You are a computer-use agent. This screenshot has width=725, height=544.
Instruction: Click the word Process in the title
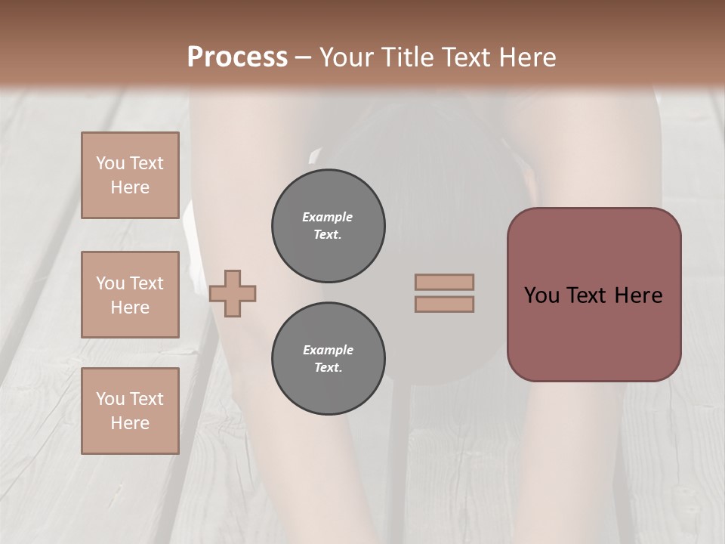coord(237,57)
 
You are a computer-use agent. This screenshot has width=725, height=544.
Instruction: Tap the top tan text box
coord(130,175)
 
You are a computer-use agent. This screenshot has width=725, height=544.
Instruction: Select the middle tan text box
coord(130,295)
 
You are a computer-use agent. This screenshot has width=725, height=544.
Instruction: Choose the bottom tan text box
coord(130,410)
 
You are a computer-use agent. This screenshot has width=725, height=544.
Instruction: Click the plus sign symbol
coord(233,293)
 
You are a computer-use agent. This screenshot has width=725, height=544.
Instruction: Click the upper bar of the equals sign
coord(444,282)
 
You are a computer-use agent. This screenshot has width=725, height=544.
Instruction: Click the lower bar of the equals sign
coord(444,304)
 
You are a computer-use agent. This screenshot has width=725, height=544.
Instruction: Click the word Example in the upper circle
coord(328,217)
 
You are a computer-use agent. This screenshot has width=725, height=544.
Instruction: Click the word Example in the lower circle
coord(328,350)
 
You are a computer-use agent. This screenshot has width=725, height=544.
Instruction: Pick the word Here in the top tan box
coord(130,187)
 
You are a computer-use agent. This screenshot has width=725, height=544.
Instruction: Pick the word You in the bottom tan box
coord(110,399)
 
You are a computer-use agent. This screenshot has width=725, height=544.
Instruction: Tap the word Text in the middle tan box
coord(147,283)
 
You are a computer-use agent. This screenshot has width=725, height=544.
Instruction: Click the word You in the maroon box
coord(542,295)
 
